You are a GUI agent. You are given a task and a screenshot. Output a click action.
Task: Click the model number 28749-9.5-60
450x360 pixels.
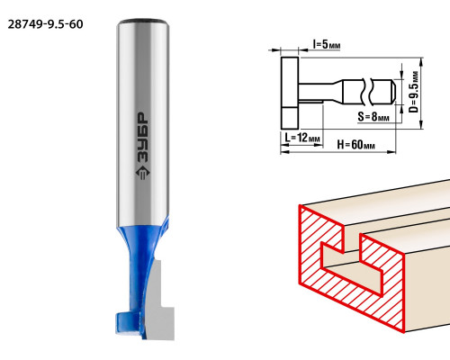click(45, 24)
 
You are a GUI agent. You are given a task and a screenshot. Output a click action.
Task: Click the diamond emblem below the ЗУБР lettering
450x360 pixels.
click(142, 174)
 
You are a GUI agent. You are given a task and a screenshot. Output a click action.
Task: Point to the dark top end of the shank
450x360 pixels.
click(142, 22)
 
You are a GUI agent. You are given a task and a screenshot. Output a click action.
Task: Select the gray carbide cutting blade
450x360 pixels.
click(159, 303)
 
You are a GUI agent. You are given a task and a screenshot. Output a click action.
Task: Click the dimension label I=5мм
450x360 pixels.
click(327, 45)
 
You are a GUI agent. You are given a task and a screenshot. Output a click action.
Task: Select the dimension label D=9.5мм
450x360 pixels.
click(413, 92)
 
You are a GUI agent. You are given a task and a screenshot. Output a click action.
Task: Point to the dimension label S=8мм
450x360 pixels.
click(373, 116)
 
